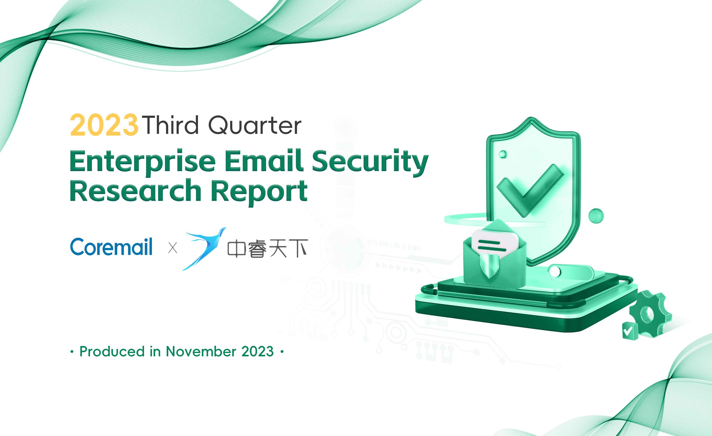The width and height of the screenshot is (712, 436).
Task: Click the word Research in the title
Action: pos(136,190)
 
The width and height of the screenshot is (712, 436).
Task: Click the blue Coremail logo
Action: pos(111,247)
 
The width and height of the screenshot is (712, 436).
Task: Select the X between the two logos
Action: pos(172,248)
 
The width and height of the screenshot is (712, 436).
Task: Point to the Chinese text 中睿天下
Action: pos(268,248)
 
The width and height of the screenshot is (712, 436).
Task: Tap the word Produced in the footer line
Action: pos(112,351)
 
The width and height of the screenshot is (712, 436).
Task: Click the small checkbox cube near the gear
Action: pos(630,331)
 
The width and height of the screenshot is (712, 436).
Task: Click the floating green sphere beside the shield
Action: pos(596,216)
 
